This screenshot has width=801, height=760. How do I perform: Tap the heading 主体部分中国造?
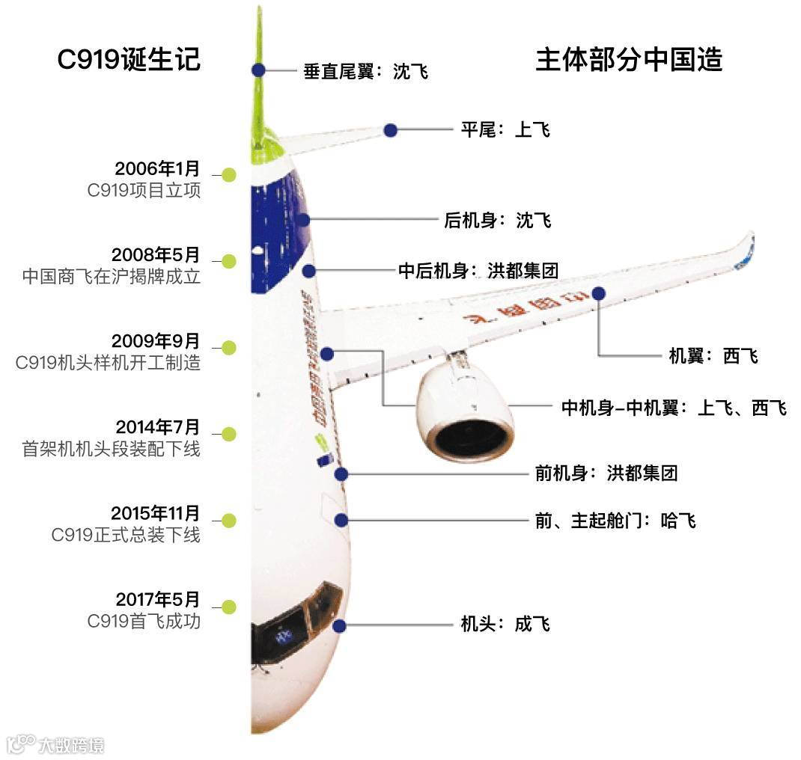(x=629, y=60)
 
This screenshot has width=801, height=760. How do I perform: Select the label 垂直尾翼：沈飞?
(x=365, y=71)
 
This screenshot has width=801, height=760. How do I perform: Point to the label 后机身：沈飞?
(x=498, y=221)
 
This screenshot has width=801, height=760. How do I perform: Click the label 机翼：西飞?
(x=713, y=356)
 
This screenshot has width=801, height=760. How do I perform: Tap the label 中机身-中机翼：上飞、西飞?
(x=674, y=408)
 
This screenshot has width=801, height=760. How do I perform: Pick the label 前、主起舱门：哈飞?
(x=615, y=521)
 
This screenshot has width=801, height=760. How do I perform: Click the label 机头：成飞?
(x=505, y=624)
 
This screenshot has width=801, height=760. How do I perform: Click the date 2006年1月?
(x=157, y=168)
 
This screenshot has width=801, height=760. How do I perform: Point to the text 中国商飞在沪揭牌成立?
(x=112, y=276)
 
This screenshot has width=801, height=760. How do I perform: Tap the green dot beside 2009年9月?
(x=229, y=348)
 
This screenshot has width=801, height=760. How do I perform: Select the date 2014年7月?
(x=158, y=427)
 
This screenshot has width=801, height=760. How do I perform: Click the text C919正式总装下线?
(x=126, y=535)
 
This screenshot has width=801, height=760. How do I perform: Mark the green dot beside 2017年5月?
(x=229, y=607)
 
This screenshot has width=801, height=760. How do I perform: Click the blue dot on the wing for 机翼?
(x=598, y=293)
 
